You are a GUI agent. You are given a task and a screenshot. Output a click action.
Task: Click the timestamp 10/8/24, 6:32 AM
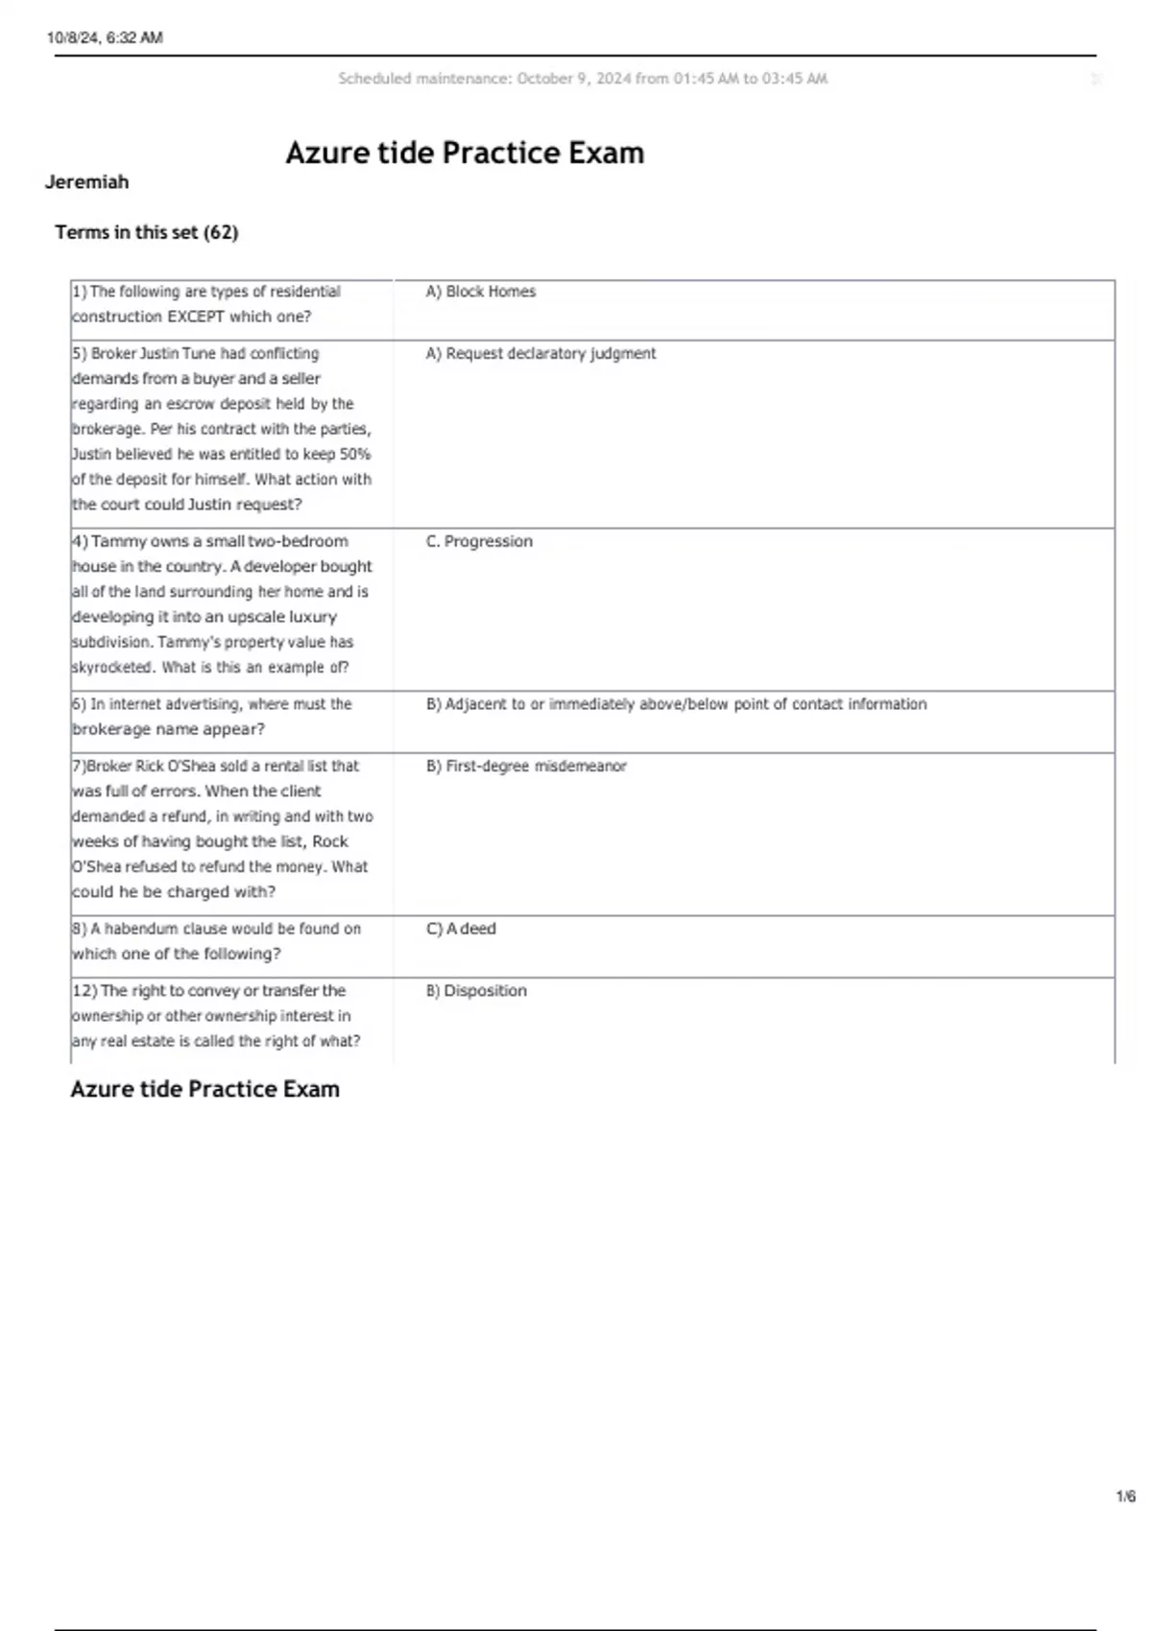pos(105,38)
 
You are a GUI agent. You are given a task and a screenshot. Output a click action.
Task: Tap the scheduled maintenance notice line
pos(582,79)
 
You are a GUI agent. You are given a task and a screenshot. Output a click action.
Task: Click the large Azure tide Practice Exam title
pos(465,153)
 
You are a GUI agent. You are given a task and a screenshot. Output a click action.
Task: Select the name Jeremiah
pos(86,182)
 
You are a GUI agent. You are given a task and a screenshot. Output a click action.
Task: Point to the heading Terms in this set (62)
pos(146,232)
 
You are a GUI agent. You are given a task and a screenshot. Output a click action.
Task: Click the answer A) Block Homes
pos(481,292)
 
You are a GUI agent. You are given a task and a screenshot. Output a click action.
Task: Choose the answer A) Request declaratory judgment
pos(540,354)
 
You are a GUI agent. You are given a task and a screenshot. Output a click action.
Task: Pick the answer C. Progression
pos(479,542)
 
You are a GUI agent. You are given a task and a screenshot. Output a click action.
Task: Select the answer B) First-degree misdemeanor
pos(526,767)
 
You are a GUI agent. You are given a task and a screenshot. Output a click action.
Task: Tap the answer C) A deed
pos(461,929)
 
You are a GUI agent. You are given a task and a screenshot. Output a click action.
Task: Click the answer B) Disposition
pos(476,991)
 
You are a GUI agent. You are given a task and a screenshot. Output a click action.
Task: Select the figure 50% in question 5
pos(355,455)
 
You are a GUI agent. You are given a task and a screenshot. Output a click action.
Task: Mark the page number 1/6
pos(1125,1497)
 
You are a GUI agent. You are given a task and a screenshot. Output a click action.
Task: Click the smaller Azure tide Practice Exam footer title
pos(204,1089)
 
